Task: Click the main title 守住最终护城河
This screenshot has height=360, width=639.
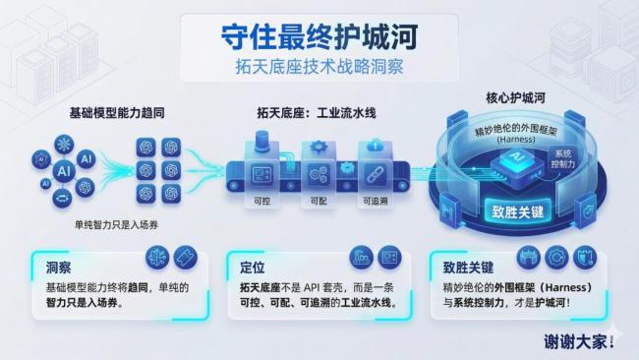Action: pyautogui.click(x=320, y=35)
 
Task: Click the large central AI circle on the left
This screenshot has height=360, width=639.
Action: pyautogui.click(x=64, y=171)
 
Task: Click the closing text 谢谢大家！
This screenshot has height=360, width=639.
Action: pyautogui.click(x=579, y=342)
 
